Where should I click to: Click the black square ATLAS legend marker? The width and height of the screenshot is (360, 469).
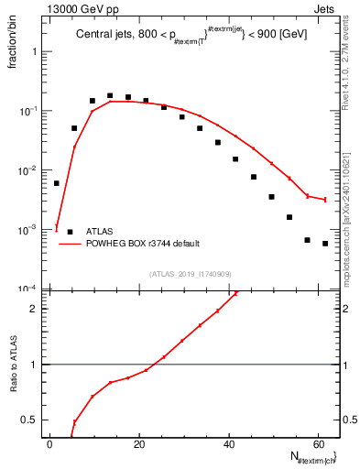point(71,232)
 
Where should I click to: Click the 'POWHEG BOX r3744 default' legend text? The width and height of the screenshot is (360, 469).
point(143,244)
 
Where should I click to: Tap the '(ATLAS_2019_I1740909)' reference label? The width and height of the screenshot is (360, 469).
point(190,273)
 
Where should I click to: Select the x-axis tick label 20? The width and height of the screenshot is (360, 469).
point(139,444)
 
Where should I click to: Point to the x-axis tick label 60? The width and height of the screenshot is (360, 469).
point(317,444)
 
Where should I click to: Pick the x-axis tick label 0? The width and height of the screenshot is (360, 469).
point(51,444)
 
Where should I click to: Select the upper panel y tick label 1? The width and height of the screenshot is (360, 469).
point(37,52)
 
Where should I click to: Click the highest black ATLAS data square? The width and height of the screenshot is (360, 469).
point(110,95)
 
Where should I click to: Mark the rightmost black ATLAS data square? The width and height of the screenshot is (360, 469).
point(325,244)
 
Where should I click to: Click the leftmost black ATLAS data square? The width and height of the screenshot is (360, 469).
point(57,183)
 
